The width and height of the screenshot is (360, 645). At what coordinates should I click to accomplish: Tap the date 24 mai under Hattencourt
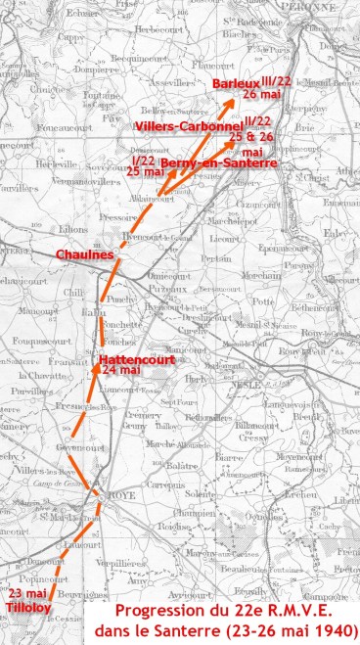point(122,371)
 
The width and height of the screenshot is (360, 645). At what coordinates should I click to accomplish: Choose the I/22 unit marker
point(144,160)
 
